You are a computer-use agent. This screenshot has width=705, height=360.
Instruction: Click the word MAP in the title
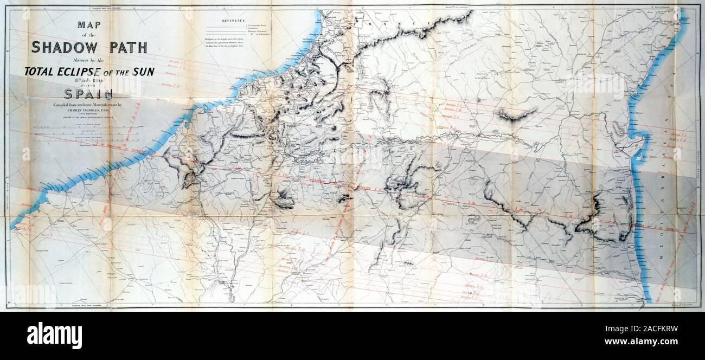(x=89, y=25)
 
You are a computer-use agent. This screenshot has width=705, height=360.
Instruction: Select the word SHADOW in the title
(x=61, y=47)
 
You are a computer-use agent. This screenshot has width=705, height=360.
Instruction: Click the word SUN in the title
(x=142, y=71)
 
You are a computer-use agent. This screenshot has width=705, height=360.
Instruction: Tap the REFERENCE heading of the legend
(x=234, y=20)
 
